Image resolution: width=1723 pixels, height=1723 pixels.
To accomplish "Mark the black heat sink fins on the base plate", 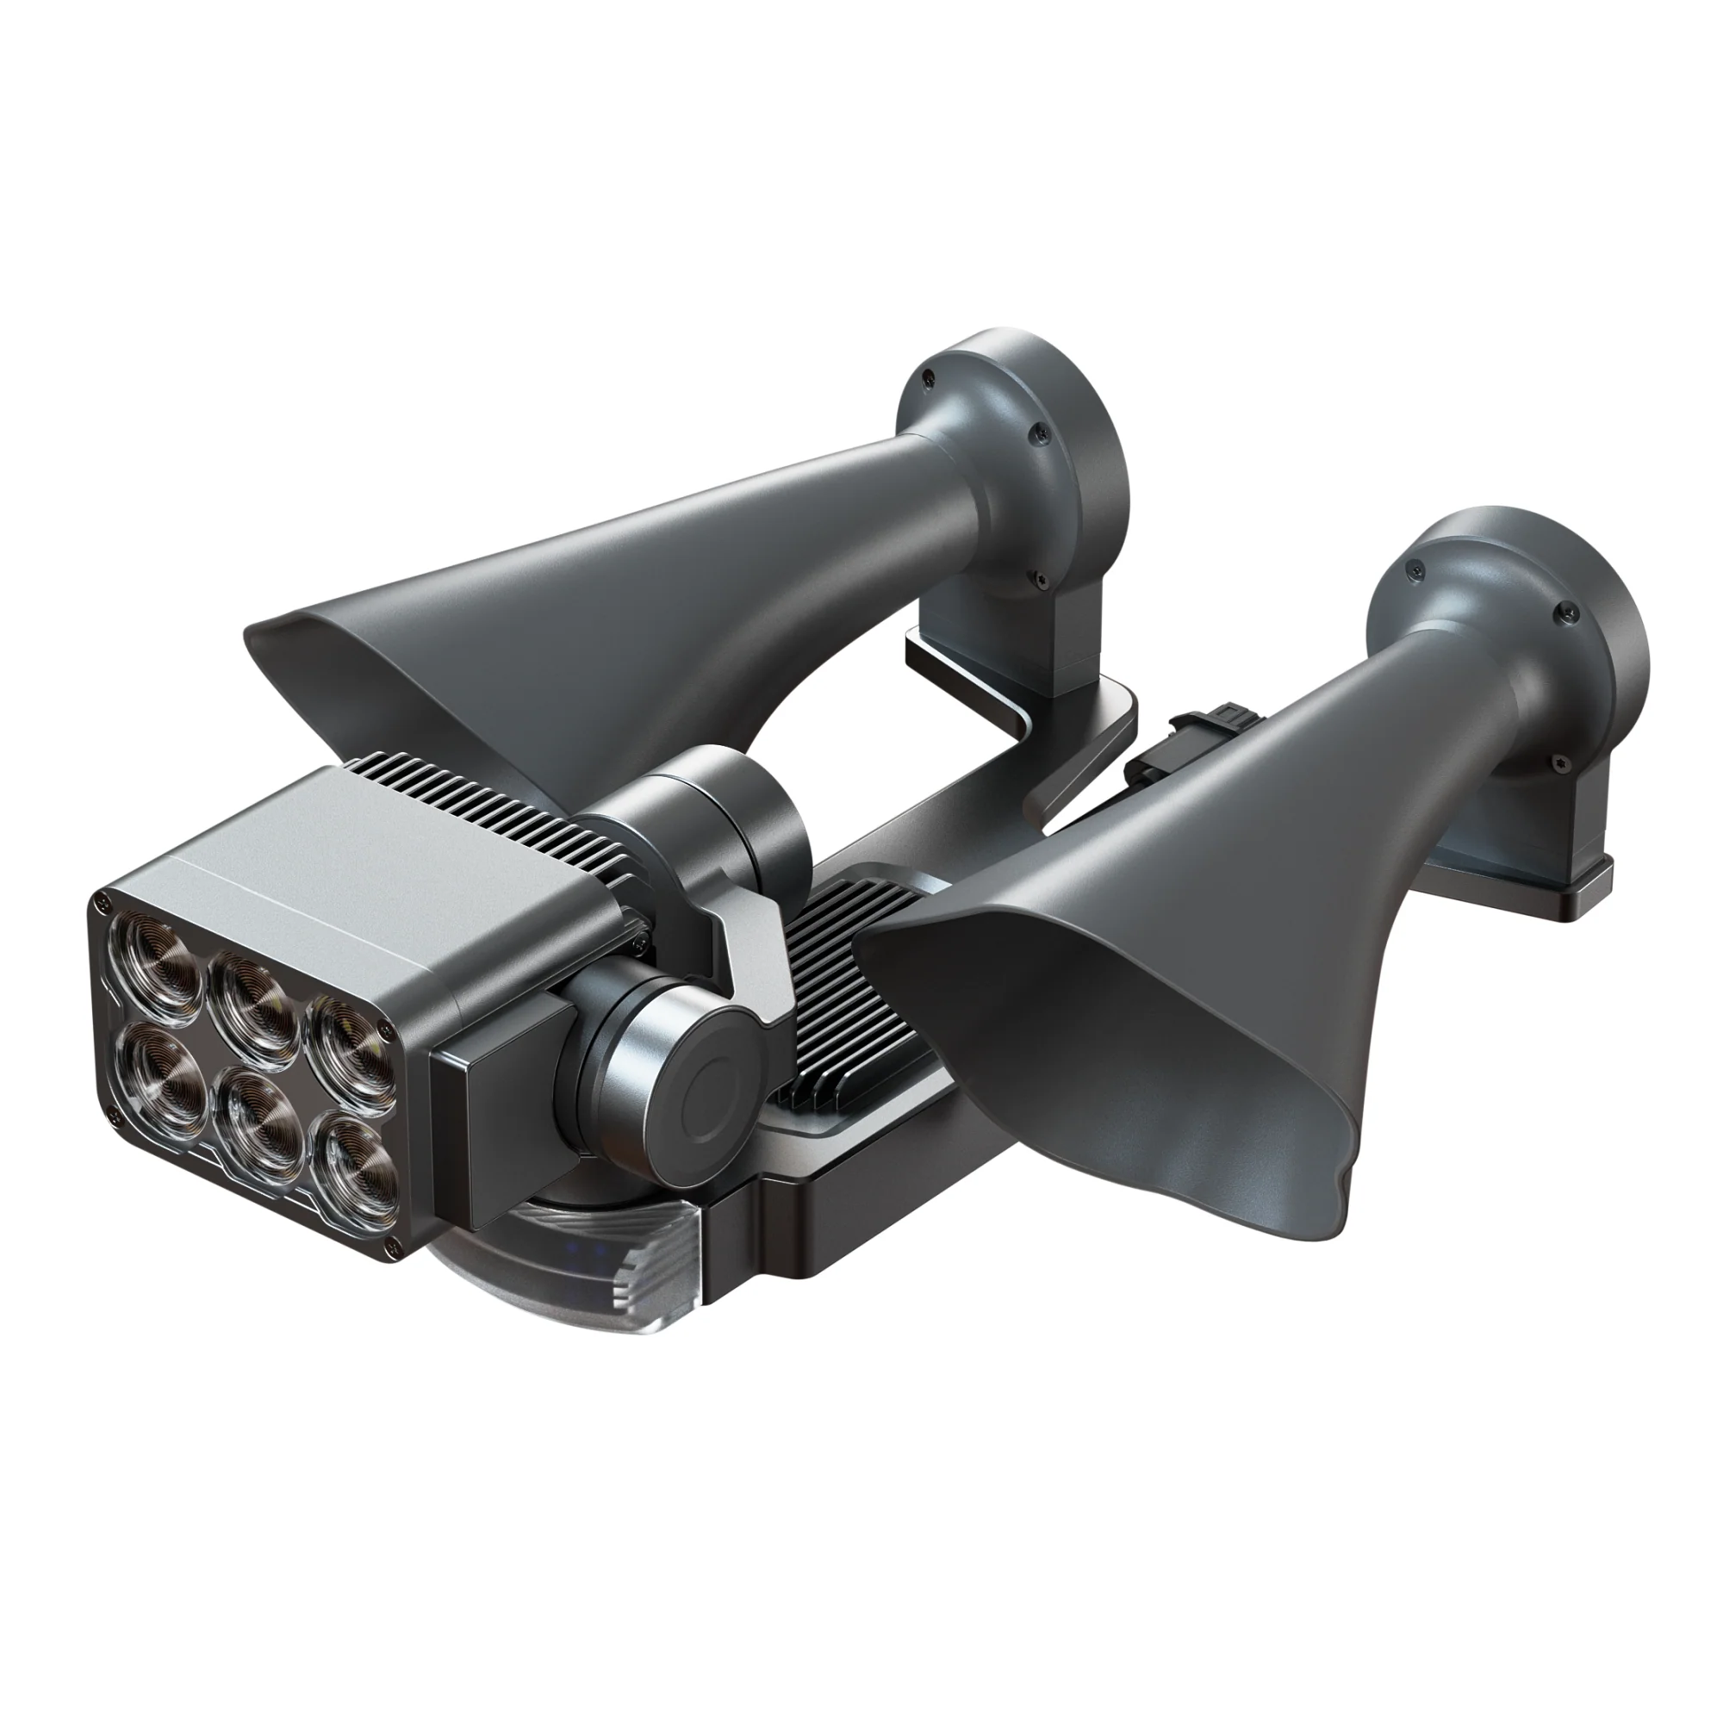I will coord(838,963).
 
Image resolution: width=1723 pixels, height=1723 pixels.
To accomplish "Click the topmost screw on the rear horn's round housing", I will coord(930,375).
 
